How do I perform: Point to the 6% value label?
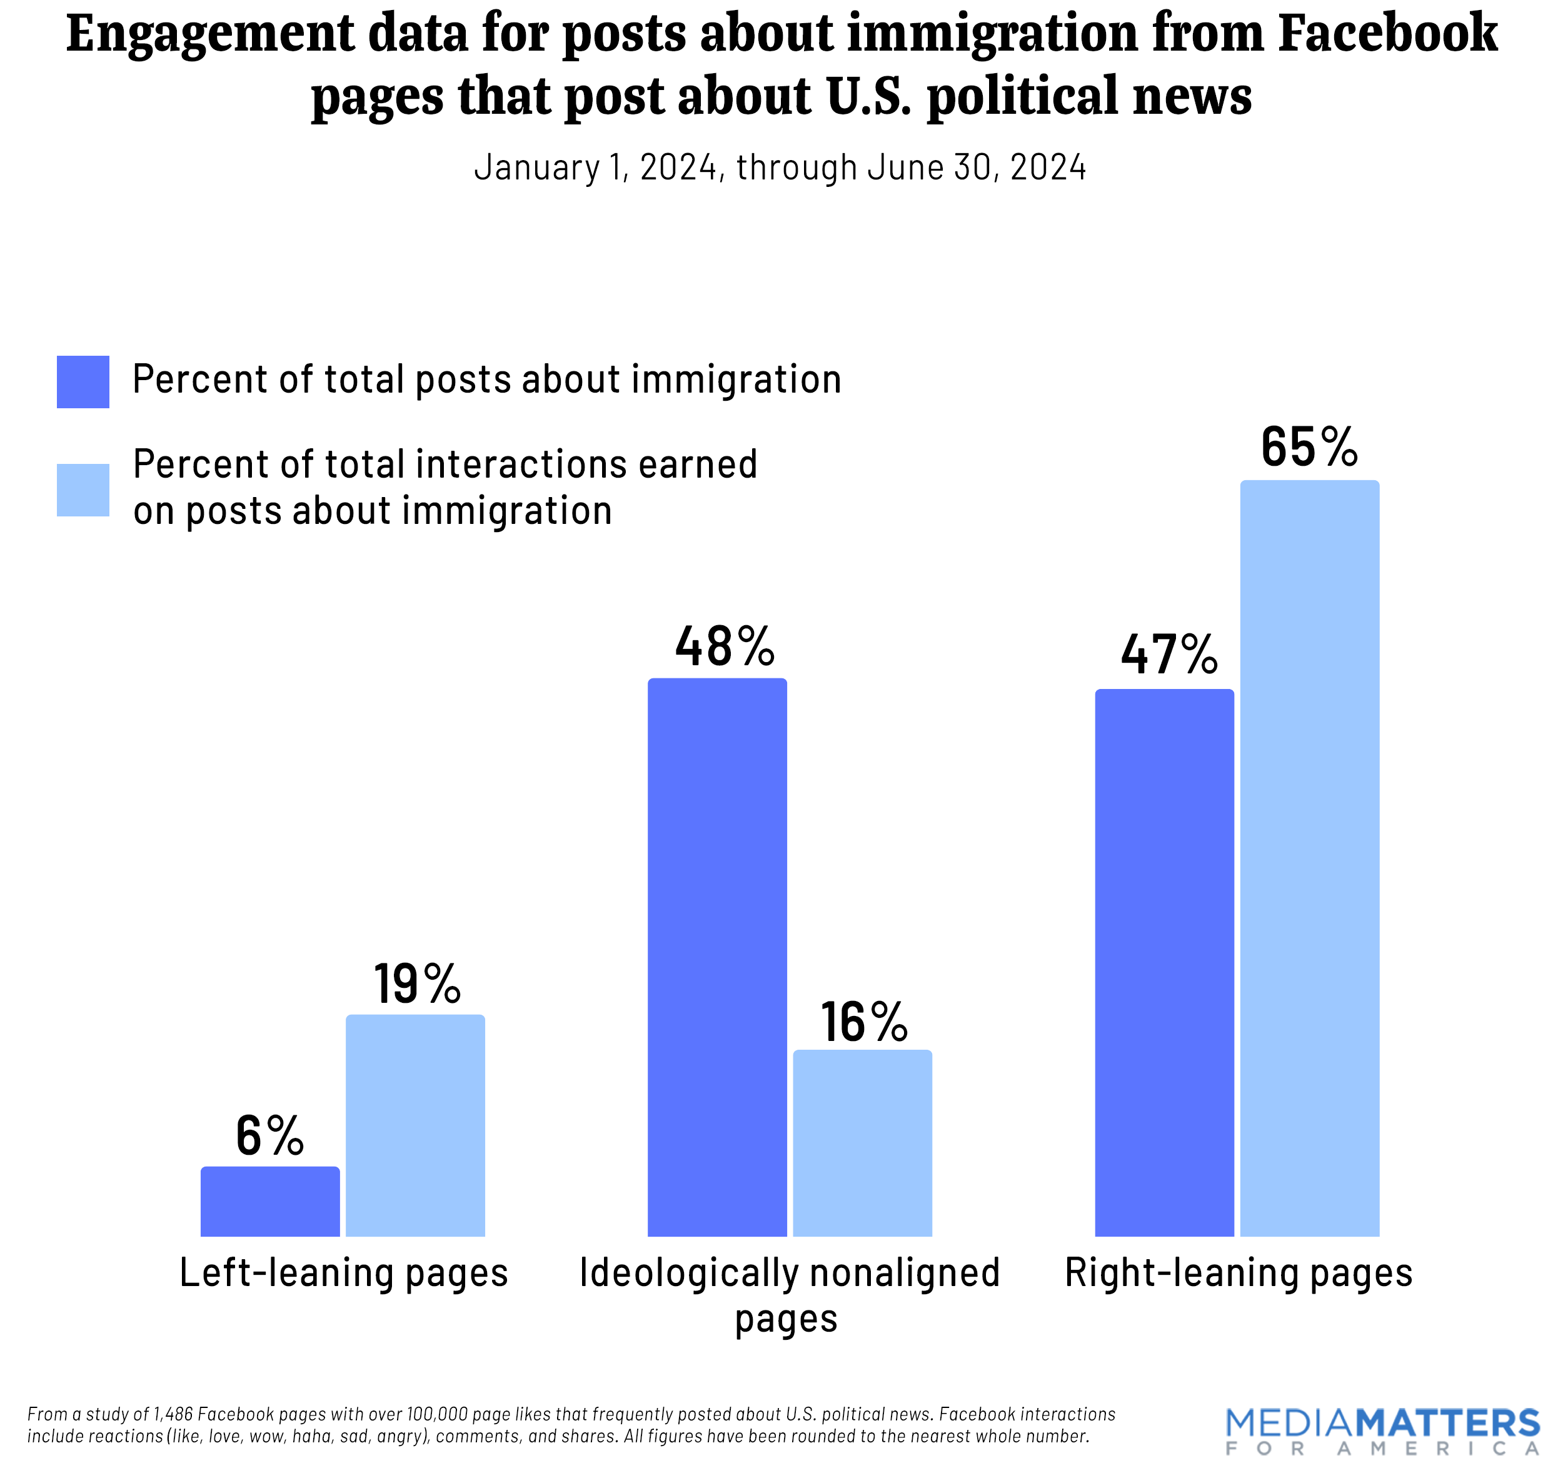tap(269, 1136)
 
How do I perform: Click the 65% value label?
tap(1309, 448)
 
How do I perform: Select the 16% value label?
tap(863, 1022)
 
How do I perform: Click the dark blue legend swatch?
tap(83, 382)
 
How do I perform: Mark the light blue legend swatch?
tap(83, 490)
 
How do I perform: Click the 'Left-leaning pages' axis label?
tap(343, 1274)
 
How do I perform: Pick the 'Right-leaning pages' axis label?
tap(1238, 1274)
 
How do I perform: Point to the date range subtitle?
tap(780, 168)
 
